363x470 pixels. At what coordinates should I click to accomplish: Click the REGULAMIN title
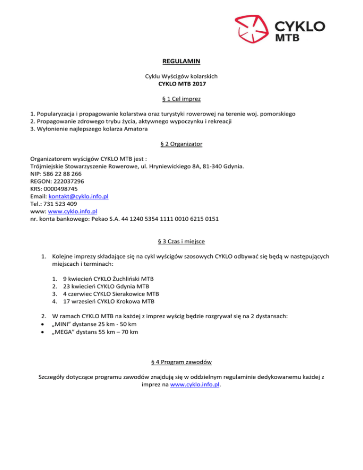[x=181, y=61]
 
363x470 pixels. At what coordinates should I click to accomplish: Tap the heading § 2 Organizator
[x=181, y=143]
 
